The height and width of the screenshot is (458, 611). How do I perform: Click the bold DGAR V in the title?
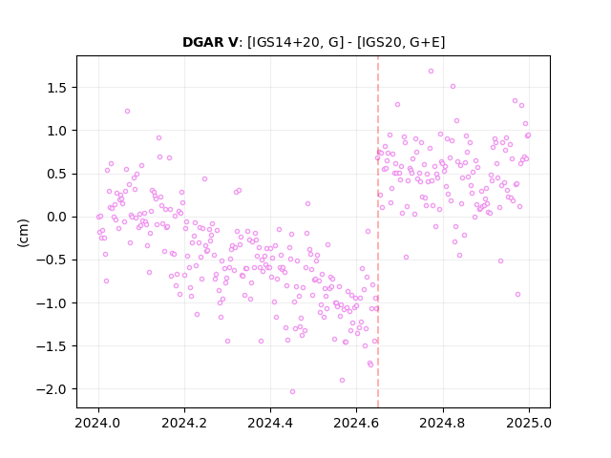pyautogui.click(x=210, y=42)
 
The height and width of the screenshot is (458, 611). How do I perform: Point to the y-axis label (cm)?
pyautogui.click(x=23, y=233)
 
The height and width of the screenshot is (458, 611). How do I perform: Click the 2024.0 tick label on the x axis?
pyautogui.click(x=98, y=423)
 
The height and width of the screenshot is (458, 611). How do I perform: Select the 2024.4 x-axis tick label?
pyautogui.click(x=270, y=423)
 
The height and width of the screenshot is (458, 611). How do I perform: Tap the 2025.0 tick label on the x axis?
pyautogui.click(x=529, y=423)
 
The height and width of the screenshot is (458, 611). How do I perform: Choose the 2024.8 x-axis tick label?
pyautogui.click(x=442, y=423)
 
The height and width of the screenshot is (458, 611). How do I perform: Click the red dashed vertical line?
pyautogui.click(x=378, y=232)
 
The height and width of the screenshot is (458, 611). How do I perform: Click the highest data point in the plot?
pyautogui.click(x=431, y=72)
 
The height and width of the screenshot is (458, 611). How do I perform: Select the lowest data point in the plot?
pyautogui.click(x=293, y=392)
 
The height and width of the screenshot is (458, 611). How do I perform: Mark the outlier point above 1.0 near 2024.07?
pyautogui.click(x=127, y=112)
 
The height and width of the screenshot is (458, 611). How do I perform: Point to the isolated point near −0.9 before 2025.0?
pyautogui.click(x=517, y=295)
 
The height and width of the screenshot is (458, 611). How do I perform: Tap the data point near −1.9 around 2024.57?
pyautogui.click(x=342, y=380)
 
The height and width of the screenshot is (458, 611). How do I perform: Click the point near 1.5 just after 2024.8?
pyautogui.click(x=453, y=87)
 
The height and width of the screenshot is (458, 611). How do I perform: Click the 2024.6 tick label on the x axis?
pyautogui.click(x=356, y=423)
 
